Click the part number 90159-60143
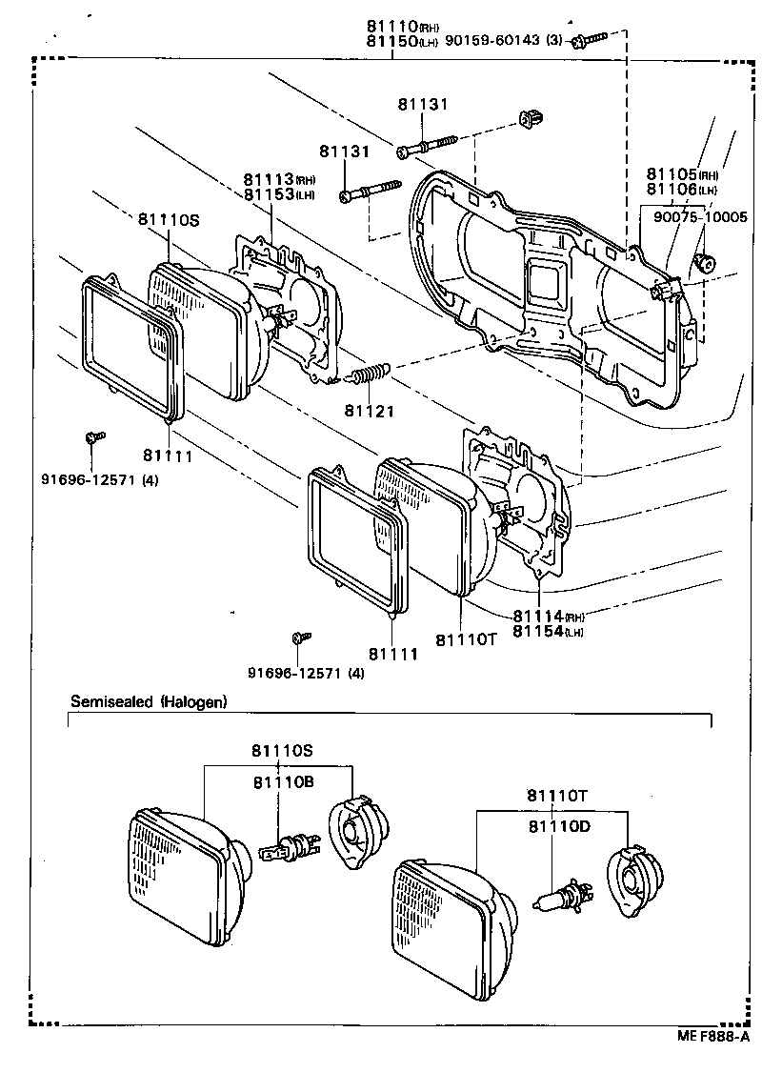click(x=501, y=41)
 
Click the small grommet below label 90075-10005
click(x=706, y=263)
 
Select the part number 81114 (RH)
click(x=548, y=617)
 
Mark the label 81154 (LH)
click(x=548, y=631)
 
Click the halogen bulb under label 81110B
click(x=287, y=846)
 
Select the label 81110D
click(x=557, y=826)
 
